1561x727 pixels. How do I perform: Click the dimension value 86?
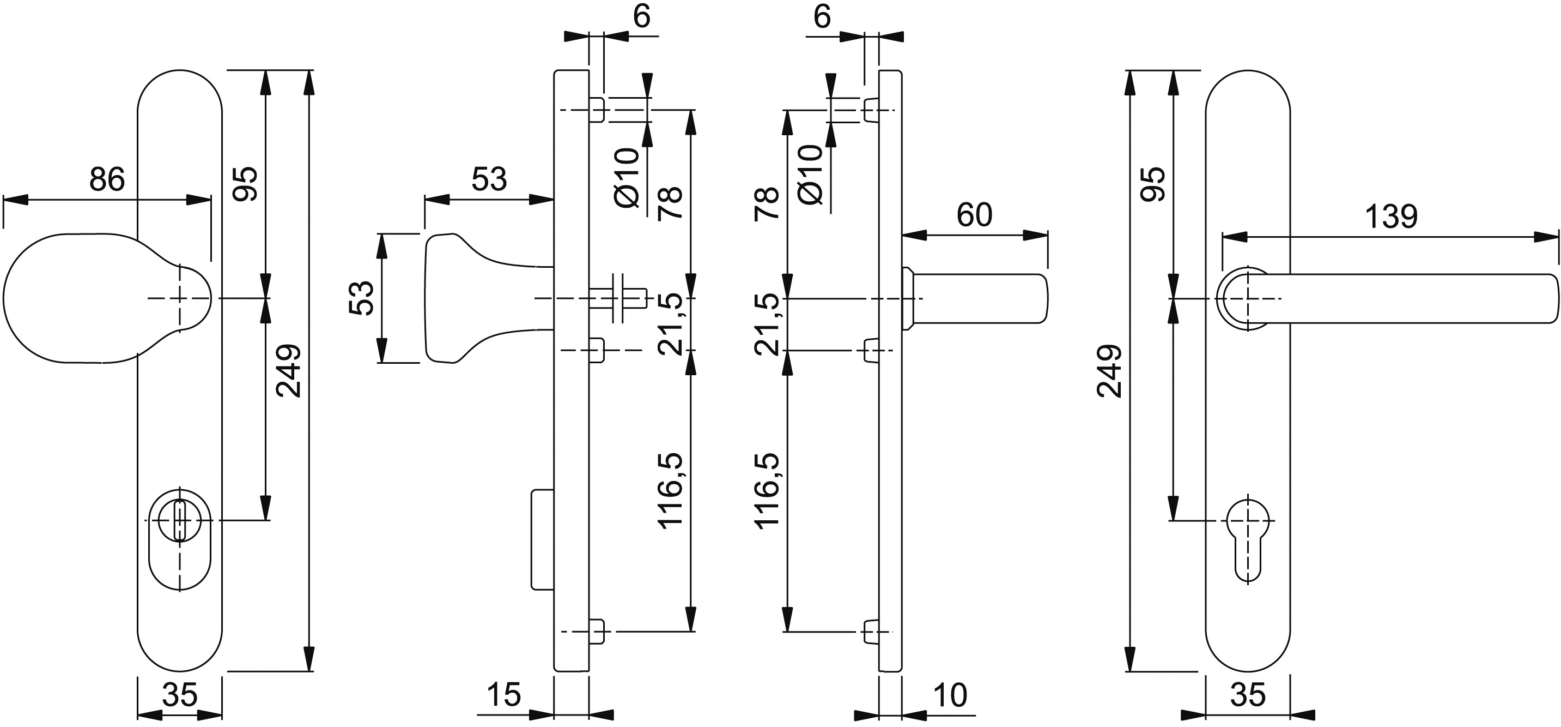107,179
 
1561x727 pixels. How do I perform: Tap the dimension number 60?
974,215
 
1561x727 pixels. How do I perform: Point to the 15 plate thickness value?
503,695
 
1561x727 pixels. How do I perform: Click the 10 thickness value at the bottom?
950,695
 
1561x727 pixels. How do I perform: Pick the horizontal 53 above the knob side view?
489,179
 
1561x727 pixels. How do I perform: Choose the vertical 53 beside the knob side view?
361,298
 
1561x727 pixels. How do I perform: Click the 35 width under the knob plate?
180,695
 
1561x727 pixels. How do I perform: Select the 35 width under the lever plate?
1248,695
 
